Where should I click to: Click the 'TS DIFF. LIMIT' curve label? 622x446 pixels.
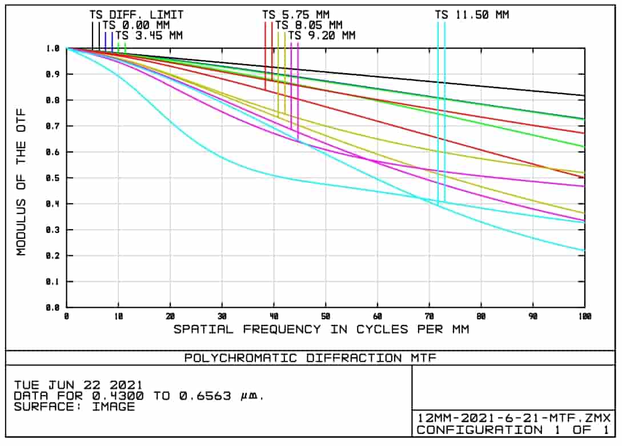point(137,15)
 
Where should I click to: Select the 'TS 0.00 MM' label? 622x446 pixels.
point(137,25)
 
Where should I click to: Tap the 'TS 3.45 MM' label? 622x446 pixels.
point(149,35)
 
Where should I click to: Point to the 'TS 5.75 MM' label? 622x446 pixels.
point(296,15)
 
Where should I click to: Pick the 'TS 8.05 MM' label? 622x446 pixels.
point(308,25)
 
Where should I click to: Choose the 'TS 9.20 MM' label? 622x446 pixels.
point(322,35)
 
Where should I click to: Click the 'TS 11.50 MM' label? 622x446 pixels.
point(472,15)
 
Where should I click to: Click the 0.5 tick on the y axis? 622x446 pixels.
point(53,178)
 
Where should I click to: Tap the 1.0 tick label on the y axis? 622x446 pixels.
point(53,49)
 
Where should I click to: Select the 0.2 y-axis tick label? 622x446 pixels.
point(53,256)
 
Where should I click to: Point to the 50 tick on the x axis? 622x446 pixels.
point(326,316)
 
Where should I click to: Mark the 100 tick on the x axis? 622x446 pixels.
point(584,316)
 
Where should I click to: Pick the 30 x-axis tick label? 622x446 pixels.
point(222,316)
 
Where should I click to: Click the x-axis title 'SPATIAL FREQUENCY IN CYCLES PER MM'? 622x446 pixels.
point(321,330)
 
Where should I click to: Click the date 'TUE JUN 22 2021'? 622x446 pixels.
point(78,385)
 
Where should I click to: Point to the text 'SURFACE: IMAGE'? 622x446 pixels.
point(74,407)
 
